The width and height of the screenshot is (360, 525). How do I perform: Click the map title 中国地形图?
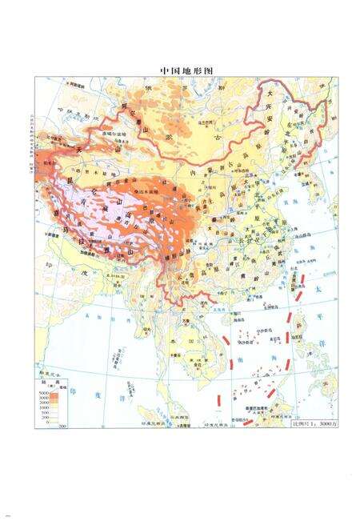(179, 70)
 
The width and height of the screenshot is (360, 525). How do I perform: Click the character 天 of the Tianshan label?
(55, 150)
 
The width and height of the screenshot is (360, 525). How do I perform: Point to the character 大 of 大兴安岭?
(270, 93)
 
